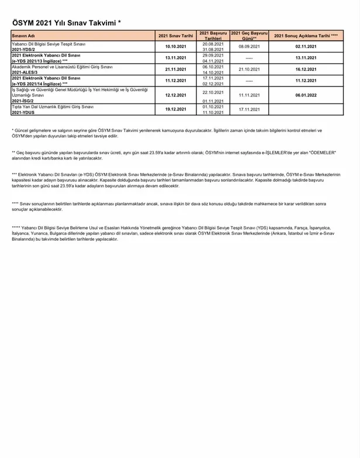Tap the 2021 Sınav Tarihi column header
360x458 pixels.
point(175,36)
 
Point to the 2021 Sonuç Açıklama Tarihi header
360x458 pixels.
point(306,36)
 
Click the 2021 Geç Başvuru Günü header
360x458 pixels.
point(249,35)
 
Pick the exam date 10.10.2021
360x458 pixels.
point(175,46)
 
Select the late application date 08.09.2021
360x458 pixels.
point(249,46)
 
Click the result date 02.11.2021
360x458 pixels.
point(306,46)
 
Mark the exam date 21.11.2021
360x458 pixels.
point(175,69)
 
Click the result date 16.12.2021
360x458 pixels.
point(306,69)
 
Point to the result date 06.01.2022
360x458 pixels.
point(306,95)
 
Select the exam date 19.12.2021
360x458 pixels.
point(175,109)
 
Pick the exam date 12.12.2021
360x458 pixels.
point(175,95)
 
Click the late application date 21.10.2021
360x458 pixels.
point(249,69)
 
